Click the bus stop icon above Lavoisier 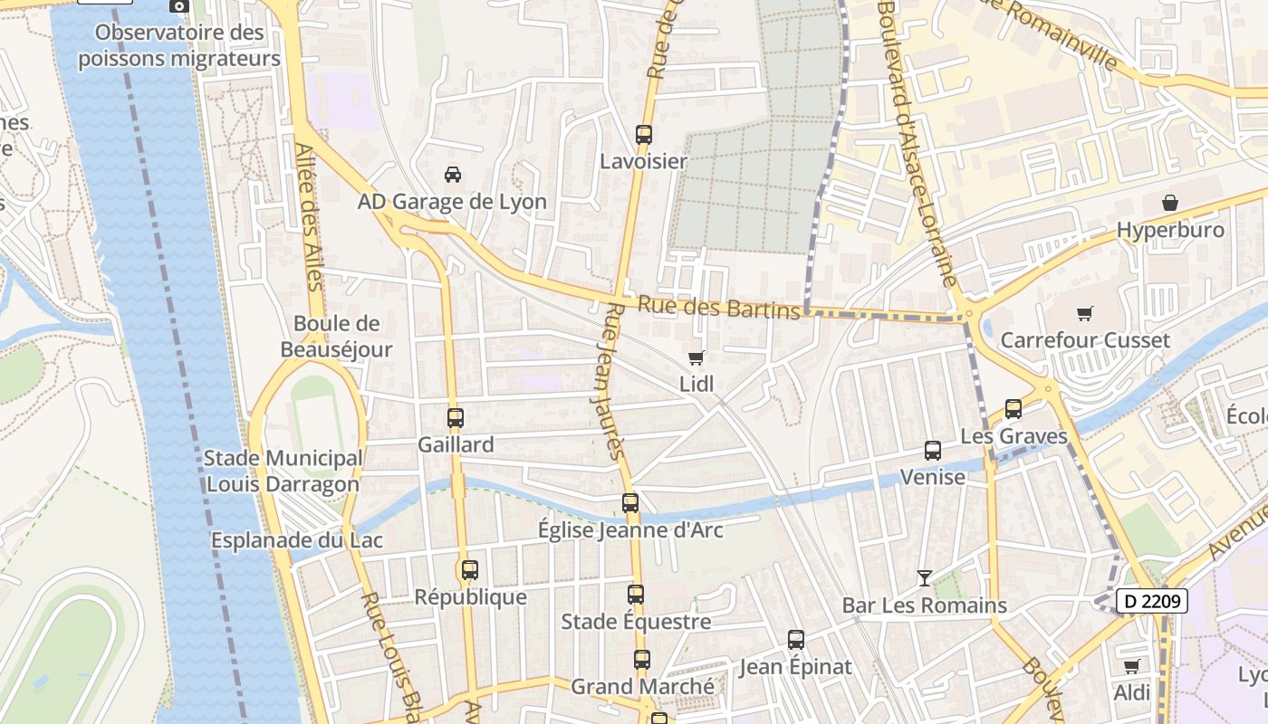(644, 135)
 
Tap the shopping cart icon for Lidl (696, 357)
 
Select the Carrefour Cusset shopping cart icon (1084, 314)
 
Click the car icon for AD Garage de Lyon (452, 174)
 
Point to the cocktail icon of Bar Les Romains (924, 577)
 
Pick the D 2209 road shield (1150, 601)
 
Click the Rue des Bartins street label (719, 308)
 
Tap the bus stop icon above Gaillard (456, 418)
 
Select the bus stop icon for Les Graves (1013, 409)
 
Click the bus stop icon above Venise (932, 450)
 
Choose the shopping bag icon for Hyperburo (1169, 203)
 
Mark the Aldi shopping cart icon (1131, 667)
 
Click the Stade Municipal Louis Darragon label (283, 472)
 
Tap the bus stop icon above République (469, 570)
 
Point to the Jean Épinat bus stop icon (796, 640)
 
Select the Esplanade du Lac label (297, 540)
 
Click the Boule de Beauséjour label (336, 337)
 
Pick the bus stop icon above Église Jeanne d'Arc (630, 503)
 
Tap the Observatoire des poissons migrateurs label (179, 45)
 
